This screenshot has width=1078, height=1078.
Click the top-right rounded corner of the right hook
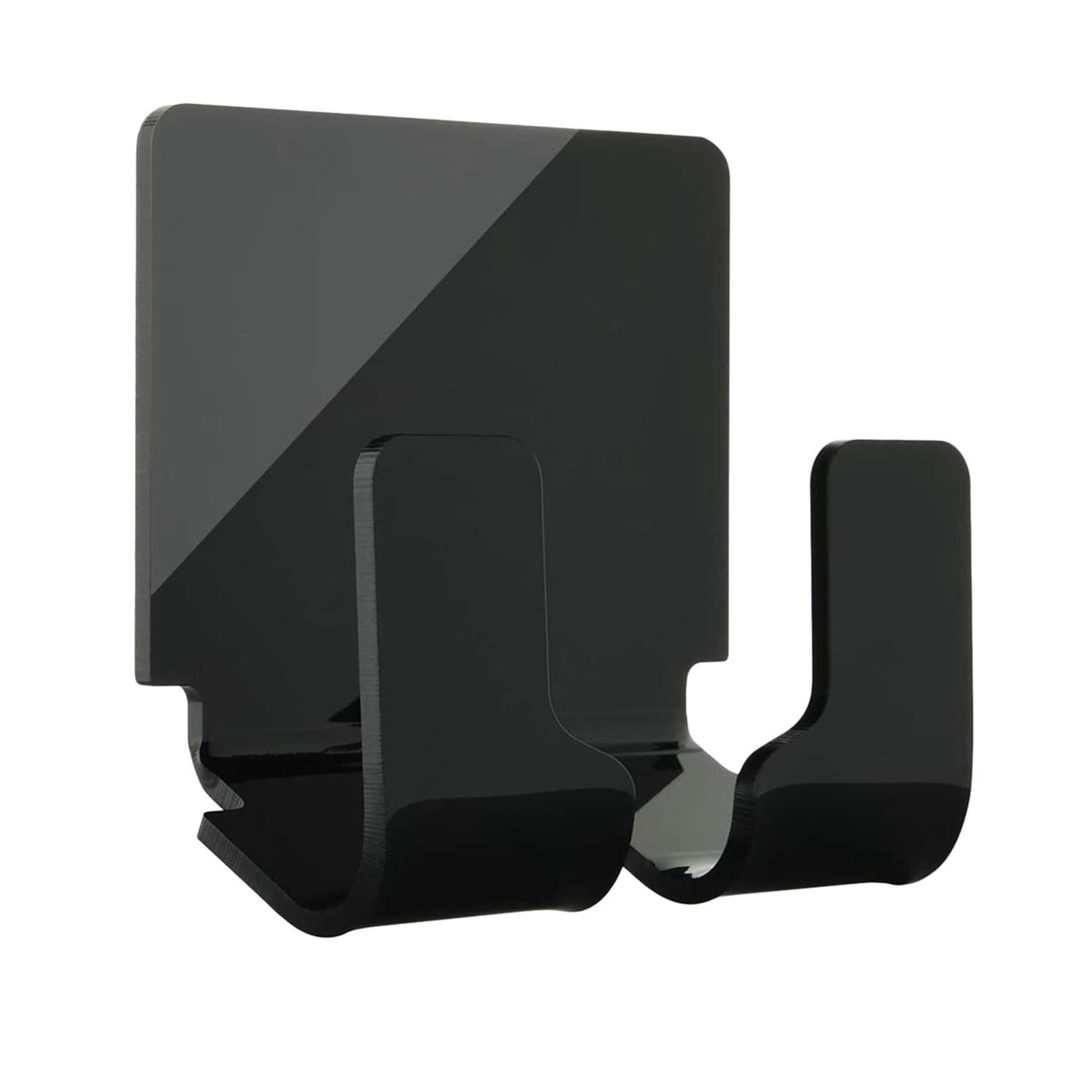coord(957,458)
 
